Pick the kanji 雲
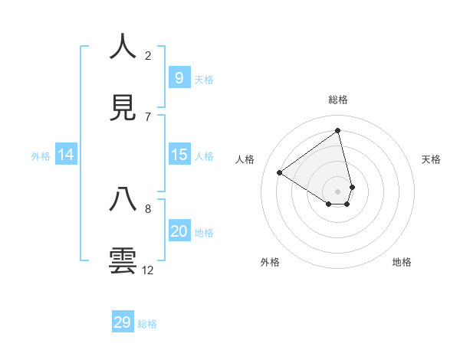(123, 260)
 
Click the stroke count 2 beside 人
(148, 55)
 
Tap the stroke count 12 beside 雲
(148, 270)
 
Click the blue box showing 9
(179, 77)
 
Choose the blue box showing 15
(179, 155)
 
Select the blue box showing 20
(179, 231)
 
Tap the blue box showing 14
(66, 155)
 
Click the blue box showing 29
(122, 322)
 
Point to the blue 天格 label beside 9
(204, 79)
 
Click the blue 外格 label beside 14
(41, 156)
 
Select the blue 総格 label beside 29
(147, 324)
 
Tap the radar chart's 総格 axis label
(337, 100)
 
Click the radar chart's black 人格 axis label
(245, 159)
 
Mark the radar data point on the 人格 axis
(280, 173)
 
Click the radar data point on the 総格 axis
(337, 131)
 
